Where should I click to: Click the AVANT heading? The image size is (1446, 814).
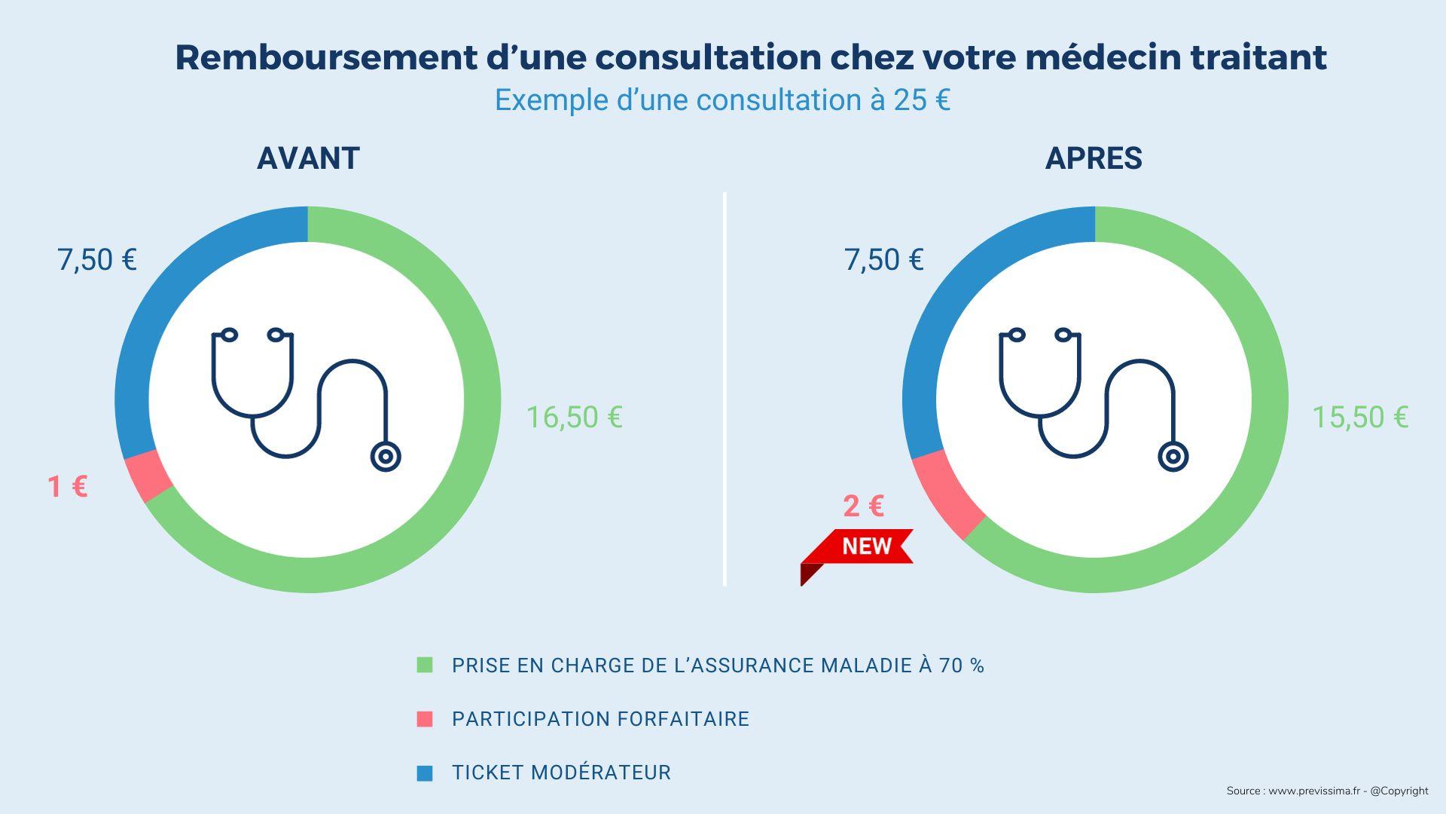tap(308, 158)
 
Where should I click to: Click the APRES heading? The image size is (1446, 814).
tap(1094, 158)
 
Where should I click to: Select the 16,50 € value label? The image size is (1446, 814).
tap(574, 417)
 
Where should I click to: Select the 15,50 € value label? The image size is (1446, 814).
tap(1360, 417)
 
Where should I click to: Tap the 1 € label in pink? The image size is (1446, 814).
tap(68, 486)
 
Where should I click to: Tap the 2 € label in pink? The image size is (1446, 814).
tap(863, 506)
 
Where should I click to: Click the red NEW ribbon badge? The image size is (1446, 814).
tap(866, 546)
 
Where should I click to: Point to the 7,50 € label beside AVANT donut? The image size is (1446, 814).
tap(97, 260)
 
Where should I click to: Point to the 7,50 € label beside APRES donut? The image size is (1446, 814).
tap(883, 260)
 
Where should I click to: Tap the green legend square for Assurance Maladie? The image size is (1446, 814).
tap(425, 665)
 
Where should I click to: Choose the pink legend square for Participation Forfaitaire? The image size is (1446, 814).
tap(425, 719)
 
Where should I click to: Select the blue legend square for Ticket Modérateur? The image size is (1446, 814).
tap(425, 773)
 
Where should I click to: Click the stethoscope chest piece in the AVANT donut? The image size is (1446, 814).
tap(386, 457)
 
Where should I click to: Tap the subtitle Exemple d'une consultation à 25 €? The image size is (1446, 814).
tap(722, 100)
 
